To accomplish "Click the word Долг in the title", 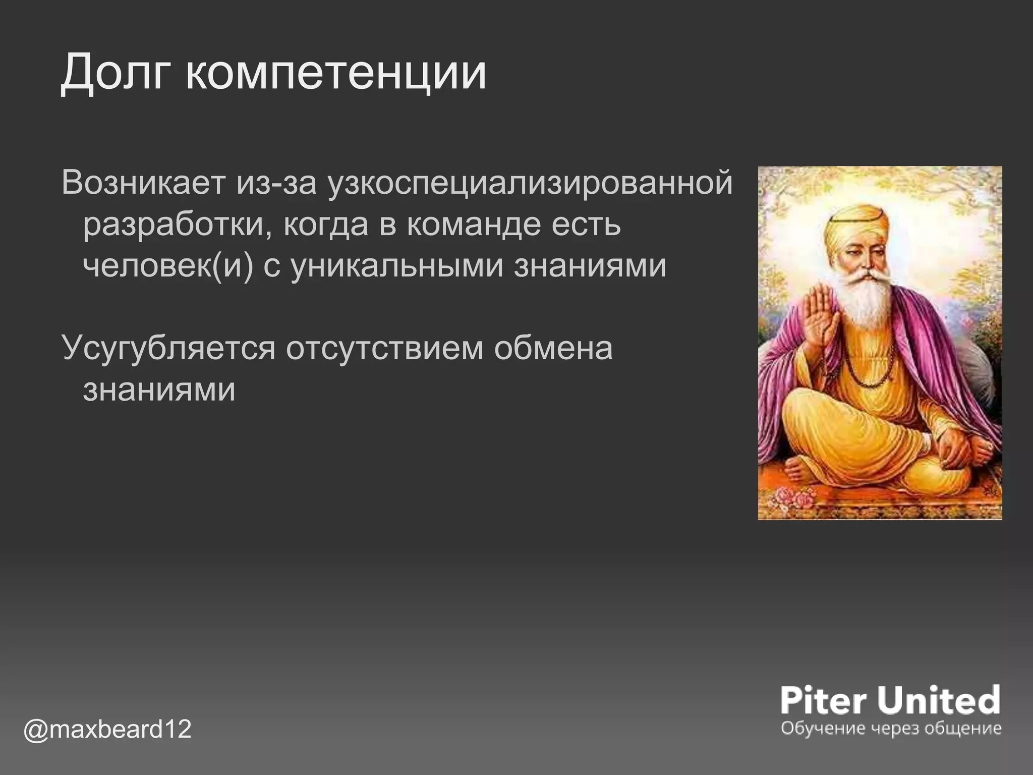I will [117, 73].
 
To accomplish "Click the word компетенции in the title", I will [335, 73].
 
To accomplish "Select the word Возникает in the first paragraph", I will [143, 183].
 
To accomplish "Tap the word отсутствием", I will [384, 348].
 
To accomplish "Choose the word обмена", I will [553, 348].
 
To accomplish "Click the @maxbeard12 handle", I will [107, 729].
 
